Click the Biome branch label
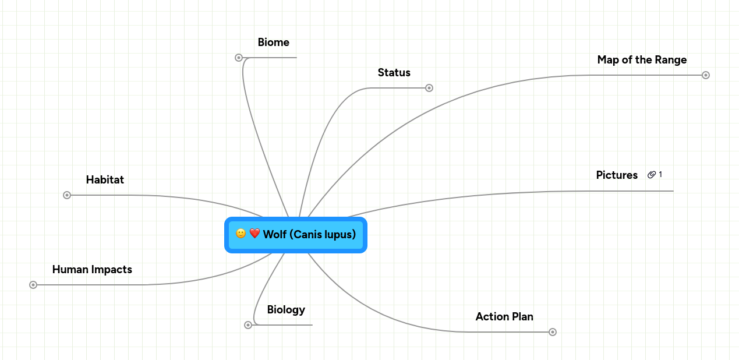(273, 43)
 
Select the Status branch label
(394, 73)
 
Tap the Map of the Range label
(642, 60)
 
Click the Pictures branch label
(617, 175)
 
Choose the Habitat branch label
(105, 180)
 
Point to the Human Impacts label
(92, 270)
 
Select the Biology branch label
(286, 310)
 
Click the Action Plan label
(504, 317)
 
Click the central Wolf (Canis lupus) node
(309, 235)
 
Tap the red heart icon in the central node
(254, 234)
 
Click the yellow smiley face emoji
(241, 234)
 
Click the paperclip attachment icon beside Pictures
(652, 175)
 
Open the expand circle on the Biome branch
(239, 58)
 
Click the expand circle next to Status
(429, 88)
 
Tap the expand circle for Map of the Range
(706, 75)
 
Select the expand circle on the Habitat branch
(67, 195)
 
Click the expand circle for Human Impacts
(33, 285)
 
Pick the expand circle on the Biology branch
(248, 325)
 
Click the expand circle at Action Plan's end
(553, 332)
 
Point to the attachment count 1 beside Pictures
(660, 175)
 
